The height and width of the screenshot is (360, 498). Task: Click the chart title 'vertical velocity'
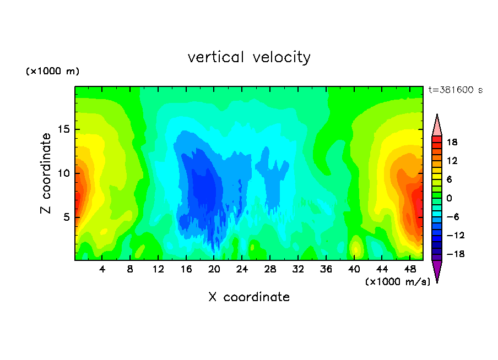[x=249, y=57]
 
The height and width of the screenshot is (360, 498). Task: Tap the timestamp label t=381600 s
[x=456, y=90]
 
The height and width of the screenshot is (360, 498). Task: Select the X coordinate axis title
[x=249, y=297]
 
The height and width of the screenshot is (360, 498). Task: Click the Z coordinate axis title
[x=45, y=173]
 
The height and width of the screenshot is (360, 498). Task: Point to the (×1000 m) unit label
[x=52, y=71]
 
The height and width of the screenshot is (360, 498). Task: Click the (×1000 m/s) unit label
[x=398, y=281]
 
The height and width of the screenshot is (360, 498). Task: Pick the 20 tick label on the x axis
[x=214, y=269]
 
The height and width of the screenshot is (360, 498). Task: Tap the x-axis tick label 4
[x=102, y=269]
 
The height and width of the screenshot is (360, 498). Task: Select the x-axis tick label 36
[x=326, y=269]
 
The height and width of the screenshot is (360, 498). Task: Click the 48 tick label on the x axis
[x=410, y=269]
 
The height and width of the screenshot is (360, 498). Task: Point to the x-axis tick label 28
[x=270, y=269]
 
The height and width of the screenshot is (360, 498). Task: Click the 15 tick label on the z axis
[x=63, y=129]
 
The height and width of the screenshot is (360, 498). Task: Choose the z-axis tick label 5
[x=66, y=217]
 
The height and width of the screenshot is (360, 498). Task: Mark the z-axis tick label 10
[x=63, y=173]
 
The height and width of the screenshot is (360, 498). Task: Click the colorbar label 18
[x=452, y=142]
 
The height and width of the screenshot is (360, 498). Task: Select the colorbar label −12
[x=456, y=235]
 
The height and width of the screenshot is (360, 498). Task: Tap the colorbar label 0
[x=449, y=198]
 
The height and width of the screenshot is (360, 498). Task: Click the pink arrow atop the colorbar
[x=437, y=125]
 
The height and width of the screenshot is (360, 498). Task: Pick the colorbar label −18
[x=456, y=254]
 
